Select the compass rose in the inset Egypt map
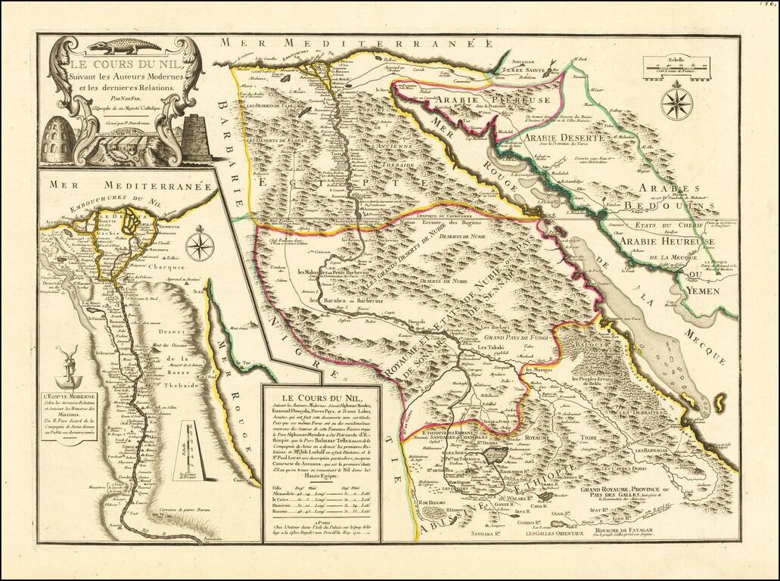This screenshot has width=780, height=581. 200,247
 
